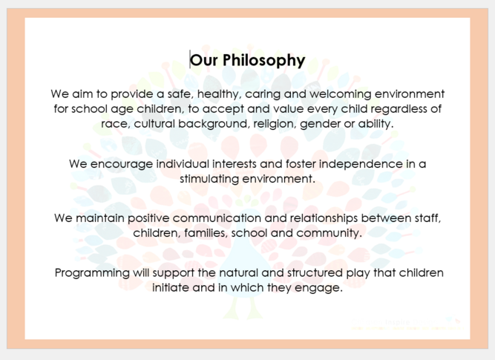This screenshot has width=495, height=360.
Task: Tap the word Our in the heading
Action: [x=204, y=60]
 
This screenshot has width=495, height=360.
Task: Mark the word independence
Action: [x=361, y=164]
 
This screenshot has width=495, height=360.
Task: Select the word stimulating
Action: [x=209, y=179]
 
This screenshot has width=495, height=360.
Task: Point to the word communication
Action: [x=217, y=218]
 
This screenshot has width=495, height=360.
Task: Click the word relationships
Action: [x=324, y=218]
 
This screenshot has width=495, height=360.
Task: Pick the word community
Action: [x=329, y=233]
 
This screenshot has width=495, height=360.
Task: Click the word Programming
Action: [x=92, y=273]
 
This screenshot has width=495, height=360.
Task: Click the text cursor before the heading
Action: [x=190, y=59]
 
